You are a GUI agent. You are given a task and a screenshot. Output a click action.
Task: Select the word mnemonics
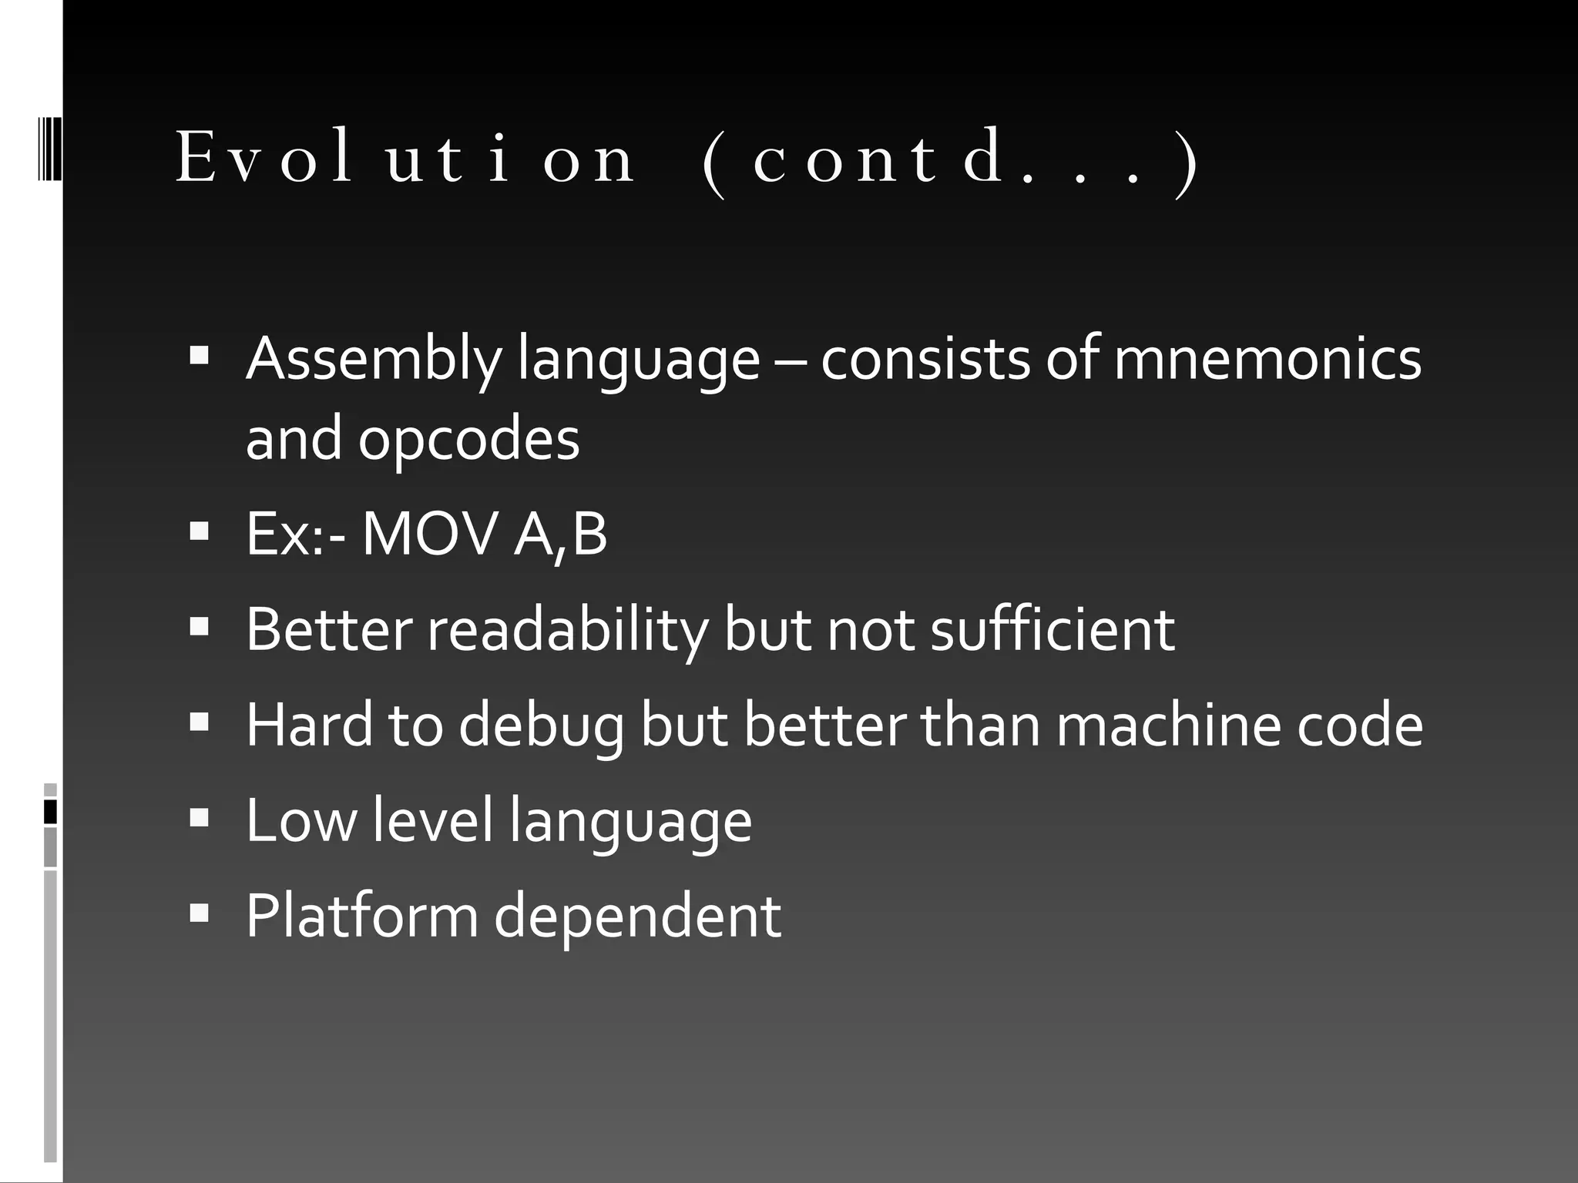(x=1267, y=359)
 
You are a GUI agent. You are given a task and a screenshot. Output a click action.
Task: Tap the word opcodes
(x=468, y=439)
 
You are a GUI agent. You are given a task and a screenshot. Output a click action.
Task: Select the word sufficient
(x=1053, y=630)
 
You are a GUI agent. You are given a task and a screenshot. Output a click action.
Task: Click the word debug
(x=542, y=726)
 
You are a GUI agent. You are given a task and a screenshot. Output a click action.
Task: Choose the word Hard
(x=309, y=726)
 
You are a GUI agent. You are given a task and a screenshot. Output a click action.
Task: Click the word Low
(x=301, y=821)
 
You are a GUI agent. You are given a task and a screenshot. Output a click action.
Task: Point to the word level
(x=432, y=821)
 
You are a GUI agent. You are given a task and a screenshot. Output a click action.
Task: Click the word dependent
(x=637, y=917)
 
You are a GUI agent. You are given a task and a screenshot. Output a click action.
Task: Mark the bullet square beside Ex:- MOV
(x=199, y=531)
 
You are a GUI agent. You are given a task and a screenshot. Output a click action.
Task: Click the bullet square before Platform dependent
(x=199, y=913)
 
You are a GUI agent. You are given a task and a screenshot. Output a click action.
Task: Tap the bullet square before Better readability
(x=199, y=627)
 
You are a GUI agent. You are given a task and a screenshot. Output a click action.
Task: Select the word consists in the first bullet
(x=925, y=359)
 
